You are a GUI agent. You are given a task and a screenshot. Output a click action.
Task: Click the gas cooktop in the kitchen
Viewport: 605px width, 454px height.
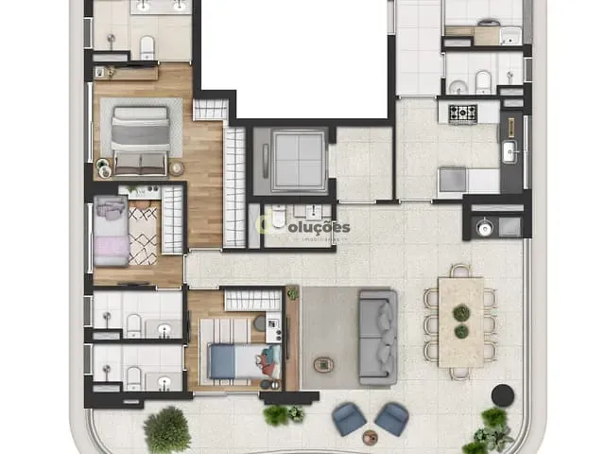462,113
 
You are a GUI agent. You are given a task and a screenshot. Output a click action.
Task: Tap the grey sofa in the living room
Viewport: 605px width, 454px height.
377,337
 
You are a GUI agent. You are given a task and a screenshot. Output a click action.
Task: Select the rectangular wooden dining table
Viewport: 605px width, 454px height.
461,322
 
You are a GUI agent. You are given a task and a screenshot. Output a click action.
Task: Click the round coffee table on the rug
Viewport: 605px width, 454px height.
324,362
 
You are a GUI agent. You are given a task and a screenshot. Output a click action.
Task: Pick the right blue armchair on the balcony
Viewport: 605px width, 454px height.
390,417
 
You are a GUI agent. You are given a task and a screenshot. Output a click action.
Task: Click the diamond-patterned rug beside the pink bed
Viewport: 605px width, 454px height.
144,235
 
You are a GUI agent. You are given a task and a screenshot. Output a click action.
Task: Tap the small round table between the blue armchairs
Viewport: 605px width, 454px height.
370,438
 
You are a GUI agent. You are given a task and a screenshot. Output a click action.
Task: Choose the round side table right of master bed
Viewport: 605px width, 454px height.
177,168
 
